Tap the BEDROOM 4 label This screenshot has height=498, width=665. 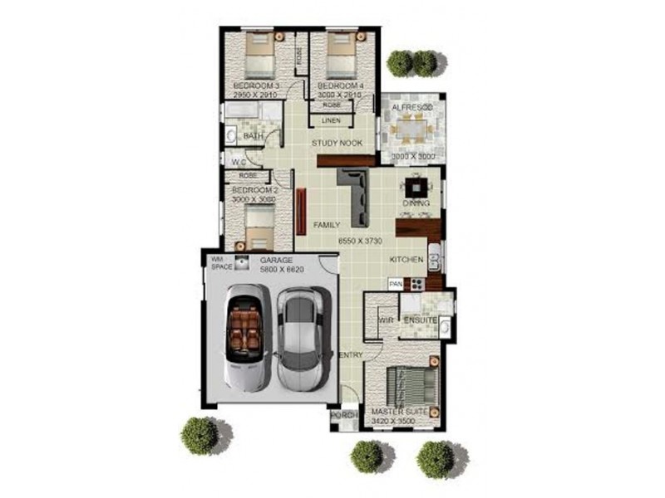pos(340,86)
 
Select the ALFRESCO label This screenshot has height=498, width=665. pos(411,109)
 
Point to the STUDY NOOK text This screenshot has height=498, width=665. pos(337,144)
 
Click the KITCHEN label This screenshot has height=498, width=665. pos(407,261)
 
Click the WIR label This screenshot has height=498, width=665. pos(385,320)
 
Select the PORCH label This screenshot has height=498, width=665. pos(342,415)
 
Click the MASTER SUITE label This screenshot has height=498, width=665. pos(399,413)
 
